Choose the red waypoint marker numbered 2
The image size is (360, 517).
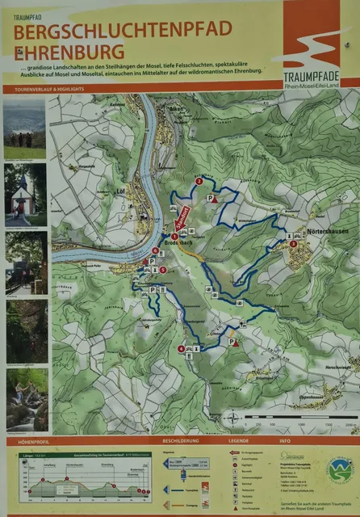(x=199, y=181)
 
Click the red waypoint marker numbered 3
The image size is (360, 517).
(x=293, y=243)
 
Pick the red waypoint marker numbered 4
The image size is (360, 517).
(x=180, y=349)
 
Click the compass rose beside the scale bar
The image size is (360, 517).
(x=233, y=418)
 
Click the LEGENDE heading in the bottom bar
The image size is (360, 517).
(x=238, y=442)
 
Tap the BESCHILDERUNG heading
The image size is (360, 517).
(x=180, y=442)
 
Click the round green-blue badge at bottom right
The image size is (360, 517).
(x=340, y=469)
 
